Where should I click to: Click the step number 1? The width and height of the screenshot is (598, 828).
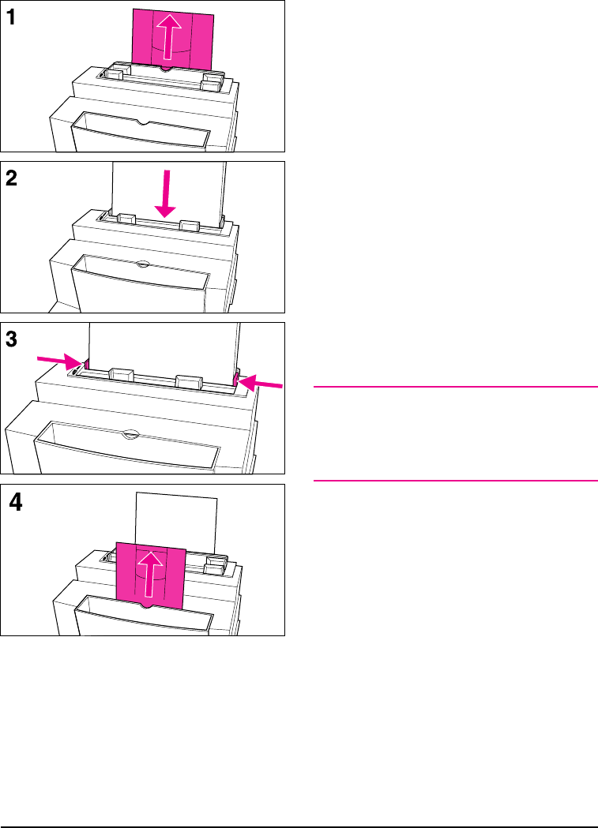13,20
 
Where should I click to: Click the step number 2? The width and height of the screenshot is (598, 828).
13,179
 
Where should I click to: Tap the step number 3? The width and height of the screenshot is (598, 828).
13,340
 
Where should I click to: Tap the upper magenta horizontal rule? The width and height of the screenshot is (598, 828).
455,387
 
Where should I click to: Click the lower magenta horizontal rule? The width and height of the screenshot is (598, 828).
455,480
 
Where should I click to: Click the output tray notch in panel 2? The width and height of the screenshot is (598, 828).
140,264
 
